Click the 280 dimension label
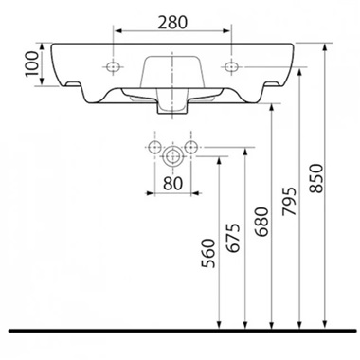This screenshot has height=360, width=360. tap(172, 22)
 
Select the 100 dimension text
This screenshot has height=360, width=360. tap(32, 64)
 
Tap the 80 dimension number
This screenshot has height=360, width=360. tap(173, 183)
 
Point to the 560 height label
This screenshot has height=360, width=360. tap(208, 253)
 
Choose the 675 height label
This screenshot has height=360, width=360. tap(234, 238)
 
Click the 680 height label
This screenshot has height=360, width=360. tap(261, 222)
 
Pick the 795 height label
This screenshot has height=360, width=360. tap(289, 202)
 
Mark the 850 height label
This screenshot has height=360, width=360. tap(316, 178)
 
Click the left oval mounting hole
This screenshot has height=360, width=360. tap(113, 66)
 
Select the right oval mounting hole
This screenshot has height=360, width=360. tap(231, 66)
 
